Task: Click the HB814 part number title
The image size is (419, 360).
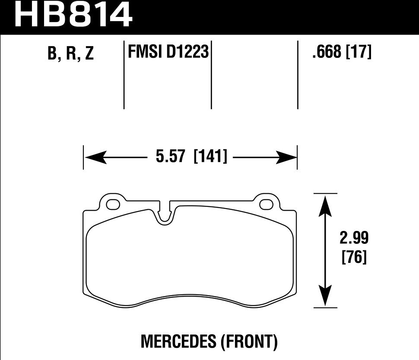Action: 73,15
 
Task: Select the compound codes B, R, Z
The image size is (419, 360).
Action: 71,54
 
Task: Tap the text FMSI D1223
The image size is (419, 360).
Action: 168,53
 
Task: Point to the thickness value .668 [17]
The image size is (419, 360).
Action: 341,53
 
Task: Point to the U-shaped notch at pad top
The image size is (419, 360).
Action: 165,216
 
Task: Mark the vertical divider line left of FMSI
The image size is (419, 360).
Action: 124,76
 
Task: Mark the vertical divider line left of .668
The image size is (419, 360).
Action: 298,76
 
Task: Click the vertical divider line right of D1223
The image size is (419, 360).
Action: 211,76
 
